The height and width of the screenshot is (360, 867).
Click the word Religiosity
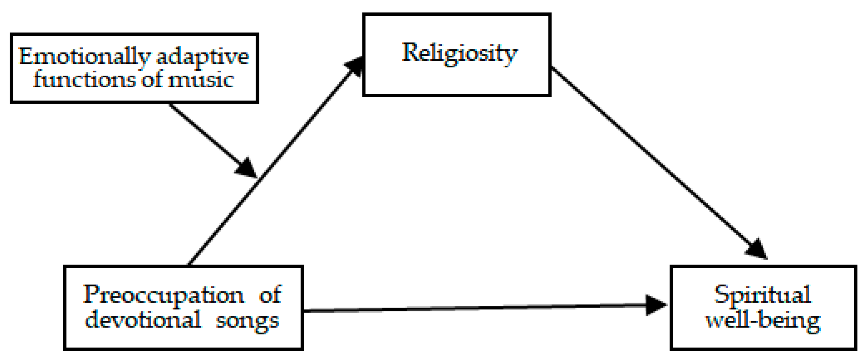point(459,53)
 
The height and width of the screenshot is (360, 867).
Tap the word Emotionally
point(84,57)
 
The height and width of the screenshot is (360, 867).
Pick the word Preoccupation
point(163,295)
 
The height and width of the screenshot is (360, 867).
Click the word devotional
point(143,320)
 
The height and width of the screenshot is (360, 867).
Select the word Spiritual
point(762,295)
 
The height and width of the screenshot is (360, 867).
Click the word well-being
point(763,321)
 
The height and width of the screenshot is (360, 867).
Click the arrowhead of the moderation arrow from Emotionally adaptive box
point(247,168)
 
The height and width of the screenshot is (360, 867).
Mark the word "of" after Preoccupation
point(270,295)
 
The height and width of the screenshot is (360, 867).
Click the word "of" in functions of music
point(151,79)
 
